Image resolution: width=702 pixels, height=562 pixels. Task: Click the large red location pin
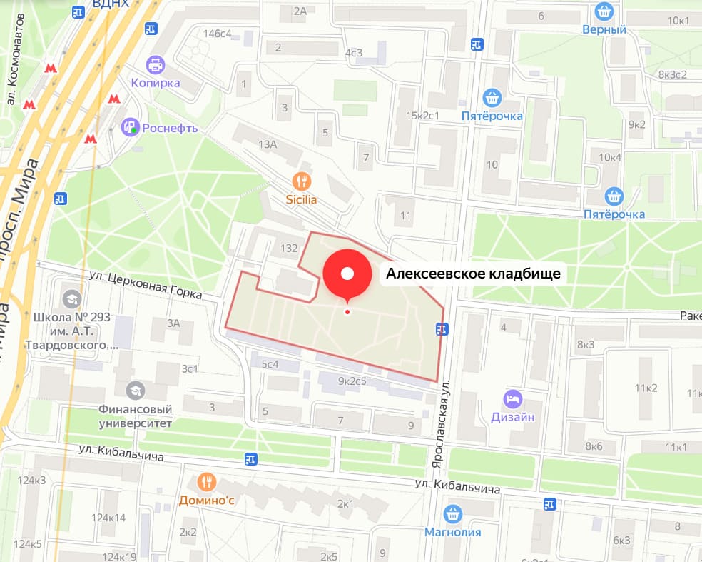(347, 274)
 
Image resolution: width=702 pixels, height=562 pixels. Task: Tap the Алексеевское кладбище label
(473, 274)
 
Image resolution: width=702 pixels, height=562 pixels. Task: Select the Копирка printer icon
(154, 66)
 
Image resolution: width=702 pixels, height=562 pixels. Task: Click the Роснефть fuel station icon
(130, 128)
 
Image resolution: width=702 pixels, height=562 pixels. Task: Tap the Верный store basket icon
(604, 11)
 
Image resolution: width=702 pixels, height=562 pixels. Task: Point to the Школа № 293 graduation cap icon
(72, 298)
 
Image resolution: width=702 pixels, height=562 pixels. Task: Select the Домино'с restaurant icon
(207, 482)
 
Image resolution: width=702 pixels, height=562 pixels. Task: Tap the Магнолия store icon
(452, 513)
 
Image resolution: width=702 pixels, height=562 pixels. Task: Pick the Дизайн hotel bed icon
(512, 398)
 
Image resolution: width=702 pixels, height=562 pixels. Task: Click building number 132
(289, 249)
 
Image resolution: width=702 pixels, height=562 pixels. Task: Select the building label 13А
(268, 145)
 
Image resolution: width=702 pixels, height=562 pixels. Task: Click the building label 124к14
(108, 518)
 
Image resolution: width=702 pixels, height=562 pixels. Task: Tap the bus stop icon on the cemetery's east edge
(443, 328)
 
